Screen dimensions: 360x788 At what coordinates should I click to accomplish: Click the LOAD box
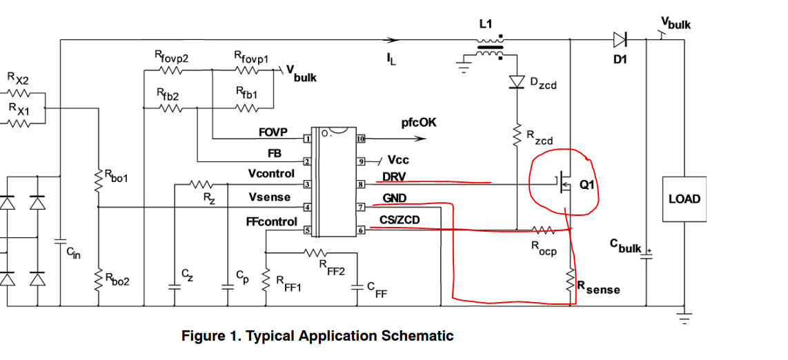pyautogui.click(x=684, y=199)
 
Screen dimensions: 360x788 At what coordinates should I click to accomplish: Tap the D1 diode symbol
pyautogui.click(x=620, y=39)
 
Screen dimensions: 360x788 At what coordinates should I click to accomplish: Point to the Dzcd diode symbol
pyautogui.click(x=517, y=82)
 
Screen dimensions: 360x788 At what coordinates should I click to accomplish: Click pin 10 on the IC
pyautogui.click(x=360, y=139)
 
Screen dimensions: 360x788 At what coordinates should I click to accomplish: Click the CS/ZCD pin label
pyautogui.click(x=400, y=220)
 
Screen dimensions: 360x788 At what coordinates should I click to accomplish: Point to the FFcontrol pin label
pyautogui.click(x=271, y=222)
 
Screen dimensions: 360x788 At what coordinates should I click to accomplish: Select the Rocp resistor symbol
pyautogui.click(x=542, y=230)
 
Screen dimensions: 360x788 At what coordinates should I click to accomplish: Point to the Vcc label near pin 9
pyautogui.click(x=398, y=160)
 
